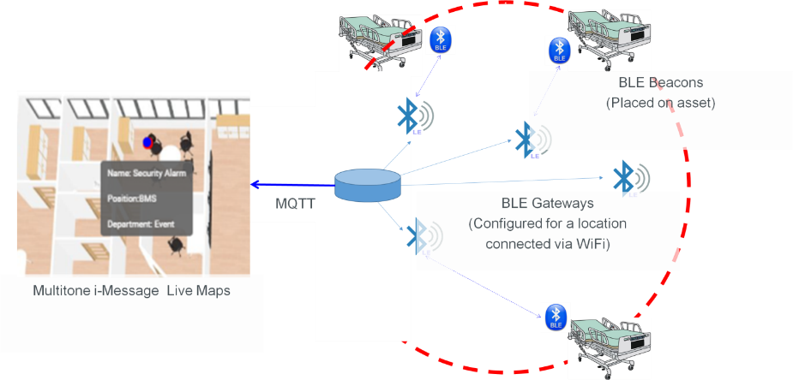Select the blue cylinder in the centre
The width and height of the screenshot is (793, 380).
[368, 186]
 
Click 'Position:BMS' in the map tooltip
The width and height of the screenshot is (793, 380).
[132, 199]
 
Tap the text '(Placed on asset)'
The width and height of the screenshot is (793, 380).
[660, 104]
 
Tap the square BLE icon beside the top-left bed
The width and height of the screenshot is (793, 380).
[441, 39]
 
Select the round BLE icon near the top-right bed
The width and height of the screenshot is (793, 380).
[559, 50]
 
